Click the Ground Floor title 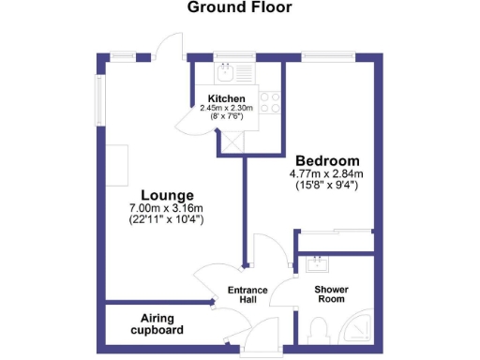(239, 7)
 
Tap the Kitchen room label (227, 98)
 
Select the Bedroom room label (325, 159)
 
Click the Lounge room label (155, 193)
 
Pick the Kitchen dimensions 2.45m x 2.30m (228, 109)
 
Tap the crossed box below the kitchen (231, 142)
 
